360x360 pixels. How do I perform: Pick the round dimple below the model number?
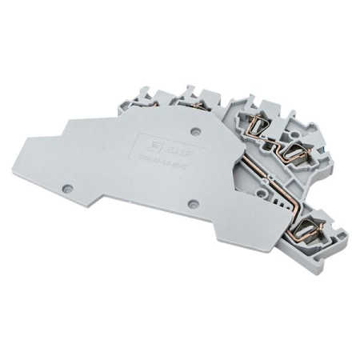193,203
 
